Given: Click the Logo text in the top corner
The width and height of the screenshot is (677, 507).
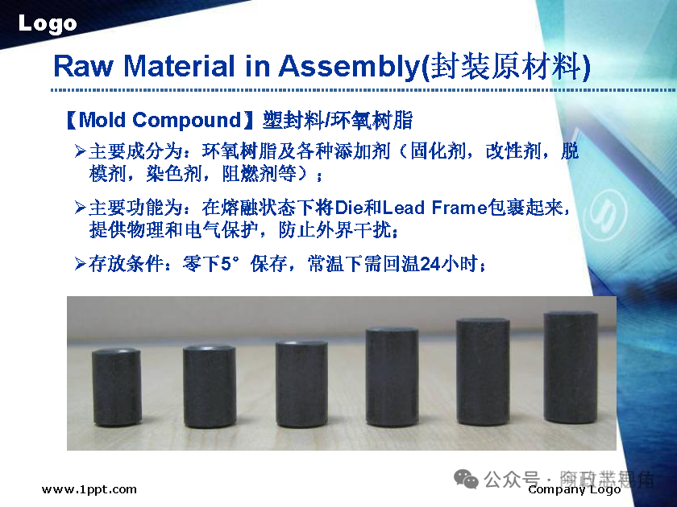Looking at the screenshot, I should (x=48, y=23).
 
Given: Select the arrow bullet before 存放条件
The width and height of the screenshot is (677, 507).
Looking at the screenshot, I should (x=80, y=263).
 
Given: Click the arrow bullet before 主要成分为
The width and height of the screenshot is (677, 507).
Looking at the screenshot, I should (x=80, y=151).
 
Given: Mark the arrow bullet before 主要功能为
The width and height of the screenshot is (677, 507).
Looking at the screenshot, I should (x=80, y=208).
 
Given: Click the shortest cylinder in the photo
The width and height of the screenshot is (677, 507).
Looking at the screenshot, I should (x=116, y=386).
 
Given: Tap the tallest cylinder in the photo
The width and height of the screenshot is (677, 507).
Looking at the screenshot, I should (x=570, y=369).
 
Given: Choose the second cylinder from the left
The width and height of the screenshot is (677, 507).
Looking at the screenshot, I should (x=209, y=385).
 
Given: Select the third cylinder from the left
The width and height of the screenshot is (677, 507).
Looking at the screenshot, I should (x=301, y=383).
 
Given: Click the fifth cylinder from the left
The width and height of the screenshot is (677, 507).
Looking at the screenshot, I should (x=483, y=371).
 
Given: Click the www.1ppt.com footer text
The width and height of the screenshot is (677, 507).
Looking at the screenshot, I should (x=89, y=489).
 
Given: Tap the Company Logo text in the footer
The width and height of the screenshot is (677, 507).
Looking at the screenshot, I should (x=574, y=489).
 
